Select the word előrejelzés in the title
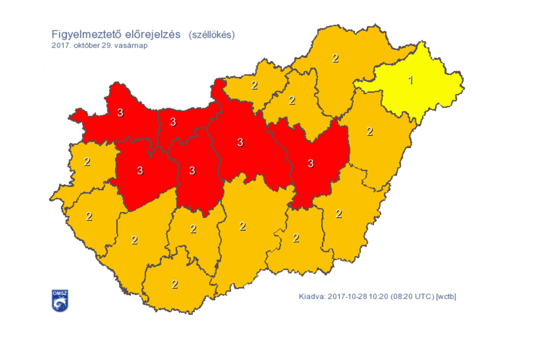[x=153, y=35]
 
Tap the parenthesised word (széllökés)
[x=211, y=35]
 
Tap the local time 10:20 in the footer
[x=378, y=296]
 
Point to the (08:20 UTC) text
[x=412, y=296]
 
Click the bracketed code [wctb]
[x=446, y=296]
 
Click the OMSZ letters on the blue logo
[x=60, y=293]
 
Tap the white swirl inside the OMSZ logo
[x=60, y=304]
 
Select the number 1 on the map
[x=411, y=80]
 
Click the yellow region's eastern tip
[x=463, y=84]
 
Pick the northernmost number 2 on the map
[x=335, y=58]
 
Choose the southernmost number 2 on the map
[x=175, y=284]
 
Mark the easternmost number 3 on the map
[x=311, y=163]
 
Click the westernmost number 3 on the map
[x=120, y=113]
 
